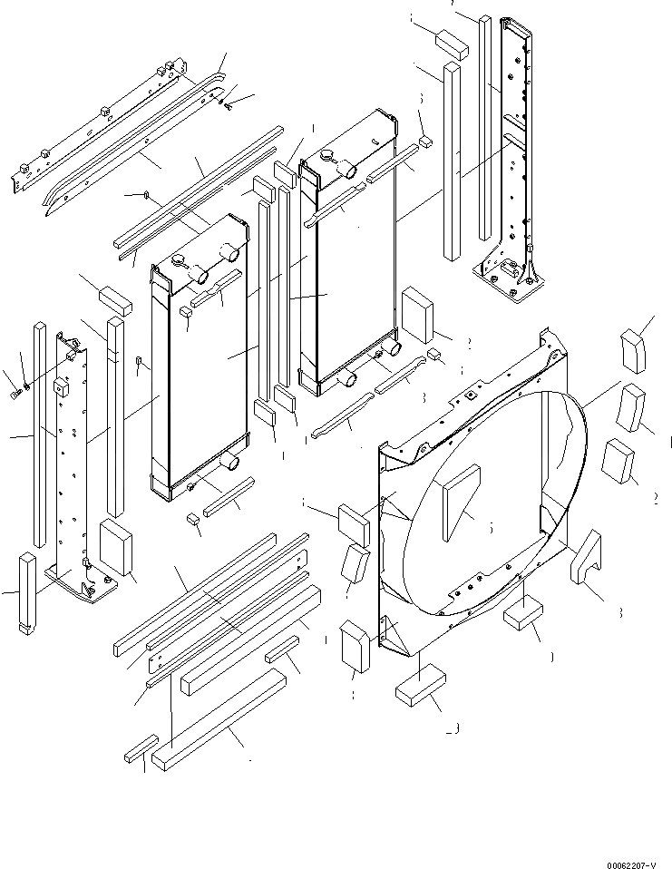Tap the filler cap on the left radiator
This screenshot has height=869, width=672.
tap(179, 262)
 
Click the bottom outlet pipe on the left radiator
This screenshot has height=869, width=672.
tap(234, 463)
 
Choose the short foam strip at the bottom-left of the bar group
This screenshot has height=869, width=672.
tap(140, 751)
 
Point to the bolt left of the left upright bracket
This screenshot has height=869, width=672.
tap(17, 393)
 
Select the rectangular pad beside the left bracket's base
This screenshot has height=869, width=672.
tap(115, 548)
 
